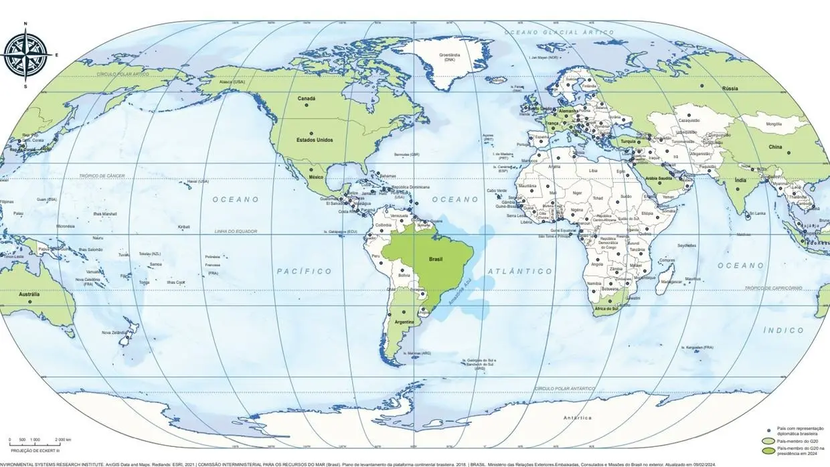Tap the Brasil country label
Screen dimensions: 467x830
coord(436,257)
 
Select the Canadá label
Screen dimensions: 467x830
coord(306,98)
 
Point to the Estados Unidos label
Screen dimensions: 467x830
coord(295,140)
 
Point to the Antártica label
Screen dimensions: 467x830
coord(577,417)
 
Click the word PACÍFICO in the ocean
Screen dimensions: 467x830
coord(304,271)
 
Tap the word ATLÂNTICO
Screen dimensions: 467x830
coord(520,271)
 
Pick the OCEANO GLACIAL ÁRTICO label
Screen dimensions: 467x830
coord(559,32)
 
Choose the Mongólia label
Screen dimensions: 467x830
coord(773,124)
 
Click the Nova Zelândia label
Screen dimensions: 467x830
coord(115,333)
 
